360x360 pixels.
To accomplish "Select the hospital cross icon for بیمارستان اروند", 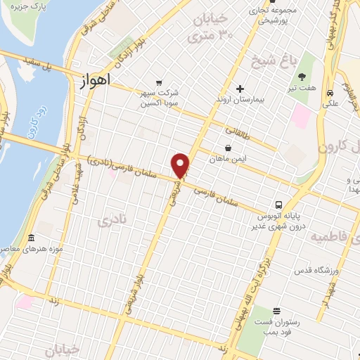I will [x=240, y=89].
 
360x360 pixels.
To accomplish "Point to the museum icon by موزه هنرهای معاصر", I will [x=30, y=238].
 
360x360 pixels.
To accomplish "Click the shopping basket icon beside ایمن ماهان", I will [x=229, y=148].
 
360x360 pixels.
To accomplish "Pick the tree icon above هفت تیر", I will [x=302, y=77].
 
